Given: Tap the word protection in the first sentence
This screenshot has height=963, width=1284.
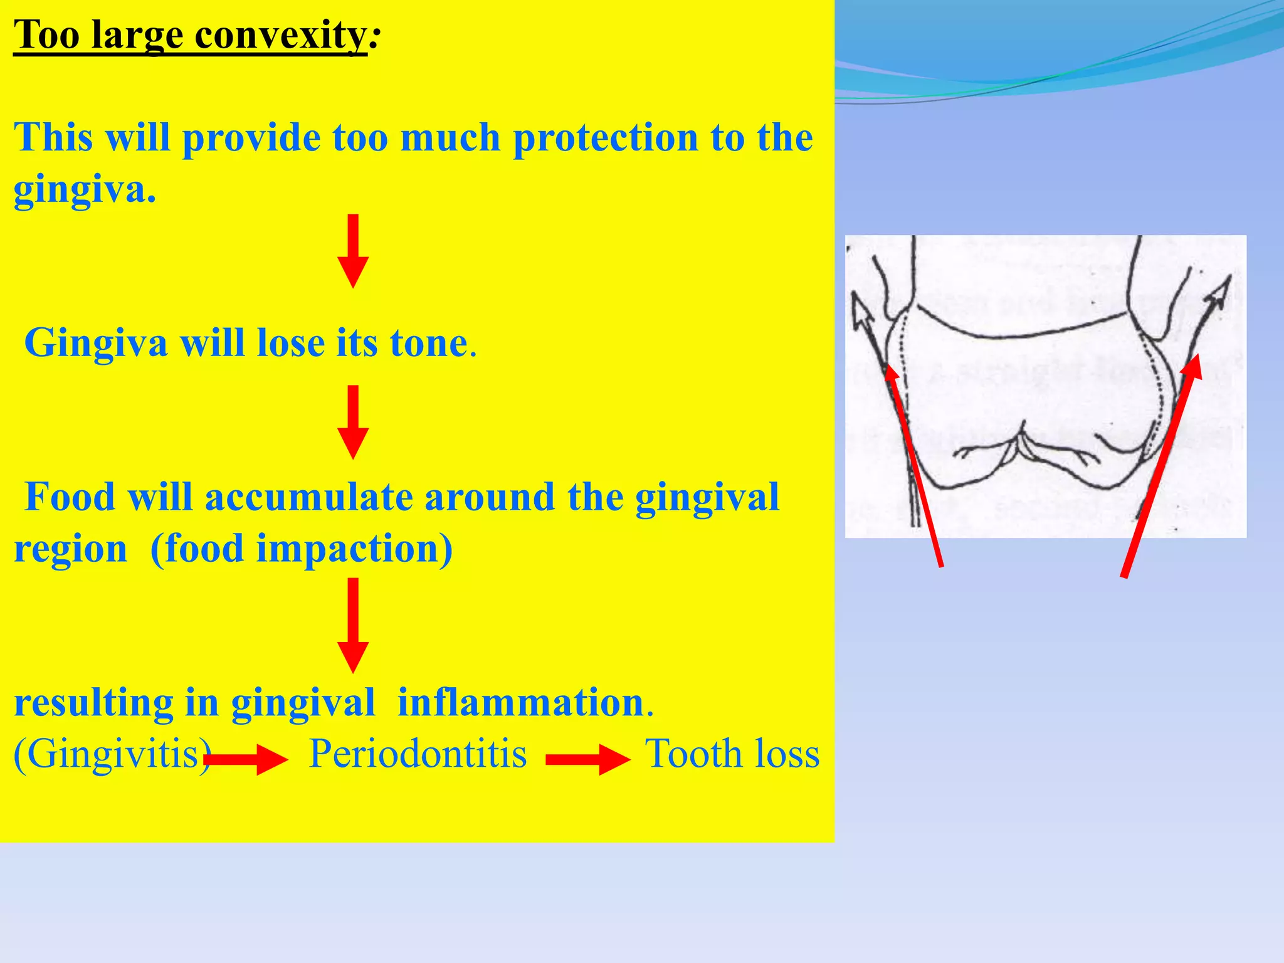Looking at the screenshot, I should click(605, 138).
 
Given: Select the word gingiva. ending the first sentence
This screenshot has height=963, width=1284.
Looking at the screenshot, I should click(85, 189).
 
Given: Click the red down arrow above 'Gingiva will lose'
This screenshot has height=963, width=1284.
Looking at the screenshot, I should click(353, 251).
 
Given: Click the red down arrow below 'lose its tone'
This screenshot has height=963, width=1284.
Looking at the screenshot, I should click(353, 422).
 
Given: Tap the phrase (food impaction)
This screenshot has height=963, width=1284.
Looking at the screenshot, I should click(302, 549).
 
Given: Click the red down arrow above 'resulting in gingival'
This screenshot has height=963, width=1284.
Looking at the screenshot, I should click(353, 625).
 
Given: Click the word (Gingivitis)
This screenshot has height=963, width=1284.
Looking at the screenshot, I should click(112, 754).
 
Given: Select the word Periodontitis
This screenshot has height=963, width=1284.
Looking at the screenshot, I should click(418, 754).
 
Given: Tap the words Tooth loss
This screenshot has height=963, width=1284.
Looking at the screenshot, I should click(732, 754).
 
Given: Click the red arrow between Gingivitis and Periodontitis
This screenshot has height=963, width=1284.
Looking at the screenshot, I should click(246, 760).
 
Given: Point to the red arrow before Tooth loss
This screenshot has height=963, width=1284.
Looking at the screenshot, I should click(587, 760).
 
